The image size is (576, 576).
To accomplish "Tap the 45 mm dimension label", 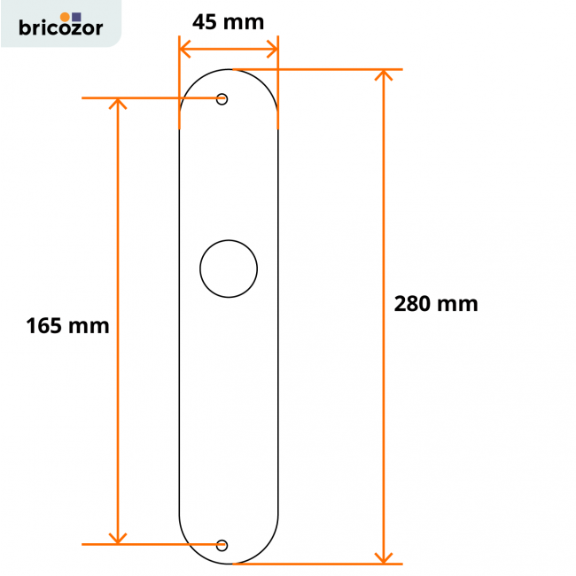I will [228, 21].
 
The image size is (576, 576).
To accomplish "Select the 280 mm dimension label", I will [436, 304].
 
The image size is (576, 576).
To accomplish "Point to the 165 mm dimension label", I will [67, 325].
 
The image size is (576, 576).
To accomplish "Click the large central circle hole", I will [229, 268].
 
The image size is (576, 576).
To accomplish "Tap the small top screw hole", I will [222, 98].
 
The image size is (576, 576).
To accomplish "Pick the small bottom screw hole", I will [222, 544].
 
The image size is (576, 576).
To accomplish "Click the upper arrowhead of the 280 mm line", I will [384, 74].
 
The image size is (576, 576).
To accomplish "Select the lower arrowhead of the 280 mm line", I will [384, 557].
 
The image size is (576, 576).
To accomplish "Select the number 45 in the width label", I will [206, 21].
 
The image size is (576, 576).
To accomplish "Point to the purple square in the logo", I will [76, 16].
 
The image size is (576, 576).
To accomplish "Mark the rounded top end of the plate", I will [229, 80].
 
